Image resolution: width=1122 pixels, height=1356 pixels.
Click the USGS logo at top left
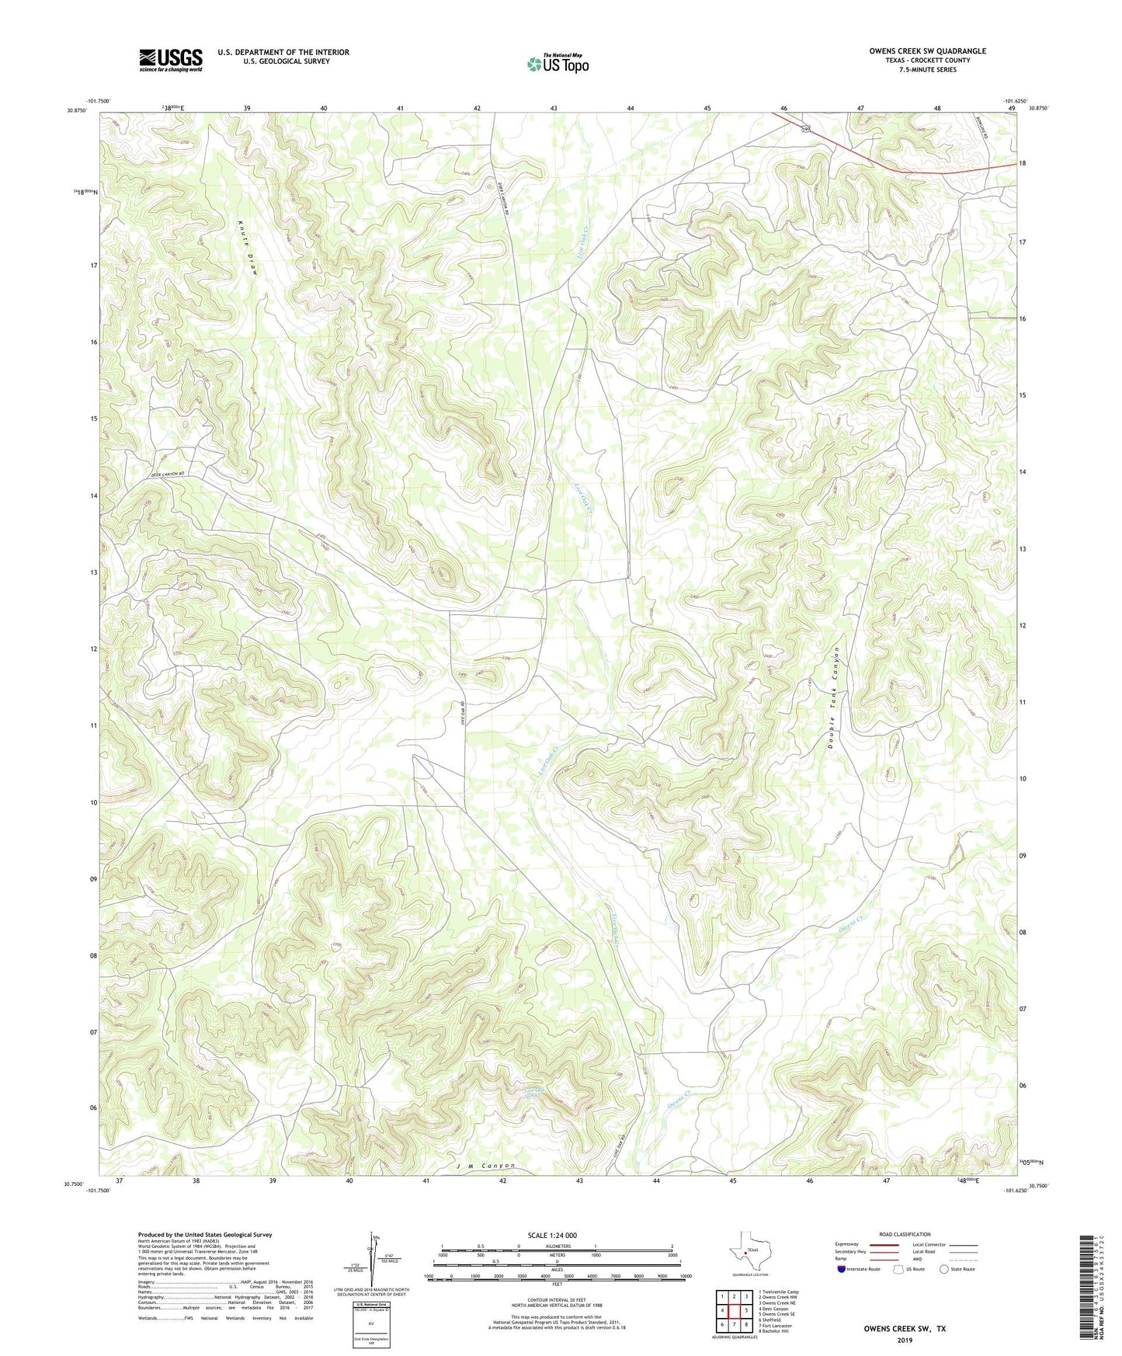click(x=171, y=60)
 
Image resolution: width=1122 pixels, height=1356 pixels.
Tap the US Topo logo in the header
click(x=558, y=64)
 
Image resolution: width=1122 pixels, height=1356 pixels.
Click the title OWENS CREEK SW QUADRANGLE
click(x=927, y=51)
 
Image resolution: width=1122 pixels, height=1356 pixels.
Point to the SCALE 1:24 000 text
click(x=551, y=1235)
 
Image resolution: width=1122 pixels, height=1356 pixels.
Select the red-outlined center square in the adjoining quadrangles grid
click(x=734, y=1311)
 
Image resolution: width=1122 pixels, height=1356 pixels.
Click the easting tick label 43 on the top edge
click(x=554, y=108)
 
